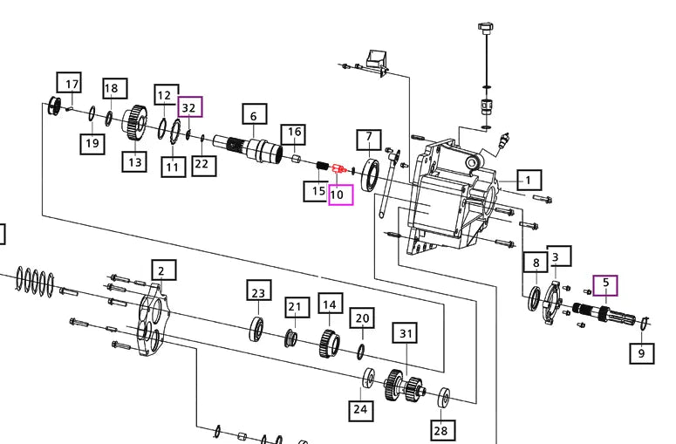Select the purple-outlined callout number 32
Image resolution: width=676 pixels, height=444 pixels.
tap(190, 107)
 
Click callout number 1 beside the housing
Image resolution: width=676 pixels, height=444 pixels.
tap(528, 181)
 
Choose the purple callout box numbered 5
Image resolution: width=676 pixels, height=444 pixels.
tap(605, 283)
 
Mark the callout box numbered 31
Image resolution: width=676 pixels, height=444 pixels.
tap(405, 332)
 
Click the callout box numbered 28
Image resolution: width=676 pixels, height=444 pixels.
tap(442, 429)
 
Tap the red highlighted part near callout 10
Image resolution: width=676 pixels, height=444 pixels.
tap(339, 168)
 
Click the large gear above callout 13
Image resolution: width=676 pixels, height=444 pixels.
tap(133, 121)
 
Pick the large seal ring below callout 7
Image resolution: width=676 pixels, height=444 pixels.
tap(369, 174)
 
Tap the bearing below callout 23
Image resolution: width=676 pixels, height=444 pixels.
tap(258, 328)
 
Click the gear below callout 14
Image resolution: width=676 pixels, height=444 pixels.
tap(330, 341)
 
